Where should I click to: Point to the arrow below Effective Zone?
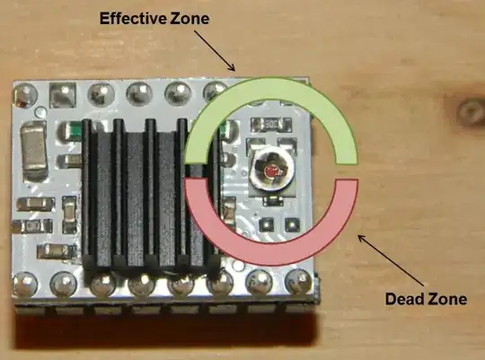pyautogui.click(x=216, y=50)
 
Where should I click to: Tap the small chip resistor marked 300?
pyautogui.click(x=273, y=125)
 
